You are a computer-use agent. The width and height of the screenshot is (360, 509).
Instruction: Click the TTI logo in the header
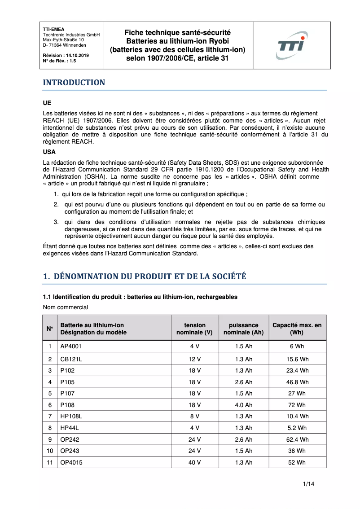pyautogui.click(x=291, y=46)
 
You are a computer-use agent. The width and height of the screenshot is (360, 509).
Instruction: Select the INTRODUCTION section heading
pyautogui.click(x=74, y=83)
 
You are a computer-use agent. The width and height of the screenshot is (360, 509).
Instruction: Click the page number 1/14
pyautogui.click(x=308, y=484)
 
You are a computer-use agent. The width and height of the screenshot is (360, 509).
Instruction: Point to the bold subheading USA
pyautogui.click(x=49, y=152)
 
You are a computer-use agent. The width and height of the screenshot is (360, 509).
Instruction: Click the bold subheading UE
pyautogui.click(x=47, y=103)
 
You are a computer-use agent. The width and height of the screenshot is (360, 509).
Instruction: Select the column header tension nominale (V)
pyautogui.click(x=194, y=329)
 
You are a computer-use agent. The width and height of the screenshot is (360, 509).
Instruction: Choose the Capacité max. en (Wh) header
pyautogui.click(x=297, y=329)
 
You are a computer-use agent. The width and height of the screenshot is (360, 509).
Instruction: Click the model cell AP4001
pyautogui.click(x=71, y=347)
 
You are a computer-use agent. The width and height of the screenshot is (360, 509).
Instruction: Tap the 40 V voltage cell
pyautogui.click(x=194, y=462)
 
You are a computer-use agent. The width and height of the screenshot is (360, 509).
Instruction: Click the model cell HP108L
pyautogui.click(x=71, y=417)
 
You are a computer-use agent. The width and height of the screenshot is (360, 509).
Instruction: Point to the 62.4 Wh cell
pyautogui.click(x=297, y=439)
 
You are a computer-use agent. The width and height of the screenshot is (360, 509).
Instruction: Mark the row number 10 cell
pyautogui.click(x=50, y=451)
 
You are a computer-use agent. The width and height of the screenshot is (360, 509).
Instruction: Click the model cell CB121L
pyautogui.click(x=71, y=359)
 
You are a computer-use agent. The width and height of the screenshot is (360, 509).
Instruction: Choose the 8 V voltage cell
pyautogui.click(x=194, y=417)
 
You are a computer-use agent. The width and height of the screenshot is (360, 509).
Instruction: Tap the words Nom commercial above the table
pyautogui.click(x=66, y=307)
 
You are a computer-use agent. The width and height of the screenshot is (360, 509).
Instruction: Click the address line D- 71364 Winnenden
pyautogui.click(x=65, y=45)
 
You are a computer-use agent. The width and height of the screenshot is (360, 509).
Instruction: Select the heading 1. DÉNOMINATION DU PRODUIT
pyautogui.click(x=145, y=276)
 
